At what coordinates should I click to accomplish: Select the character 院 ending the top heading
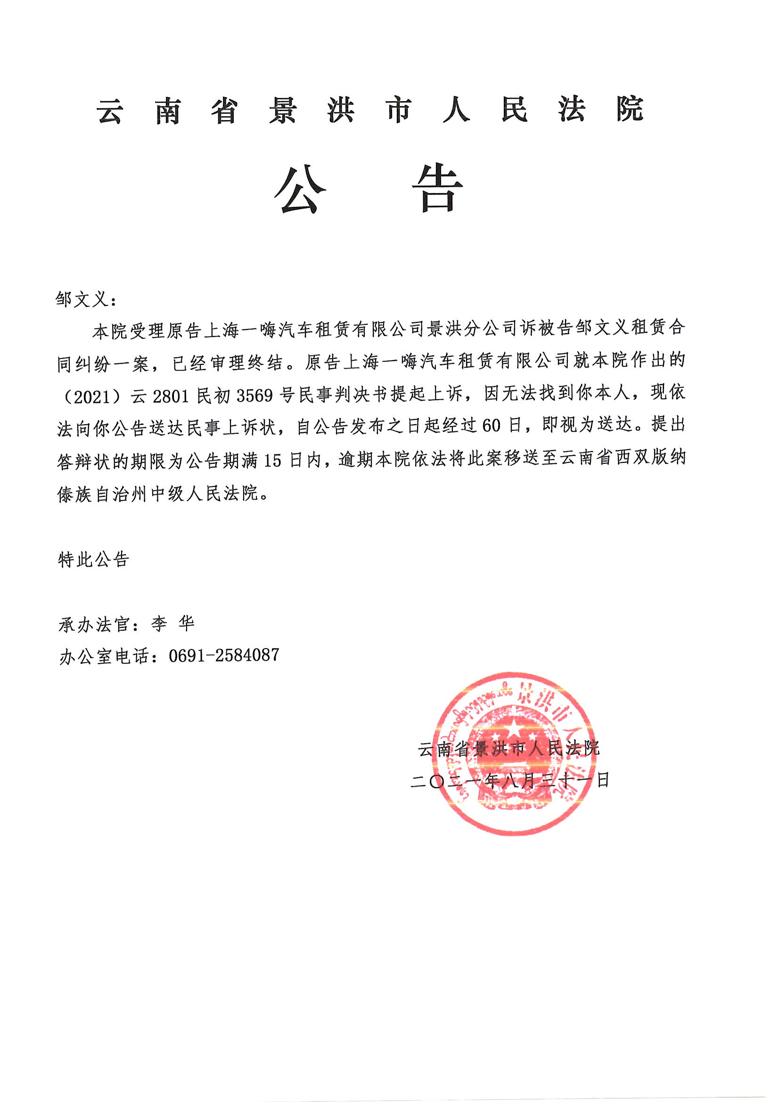pos(629,110)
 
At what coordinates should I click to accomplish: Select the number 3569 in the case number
pos(255,395)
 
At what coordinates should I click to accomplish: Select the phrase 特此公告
pos(94,559)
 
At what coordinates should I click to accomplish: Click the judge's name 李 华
pos(172,624)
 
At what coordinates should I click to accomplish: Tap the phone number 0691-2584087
pos(224,655)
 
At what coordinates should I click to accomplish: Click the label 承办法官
pos(94,625)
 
